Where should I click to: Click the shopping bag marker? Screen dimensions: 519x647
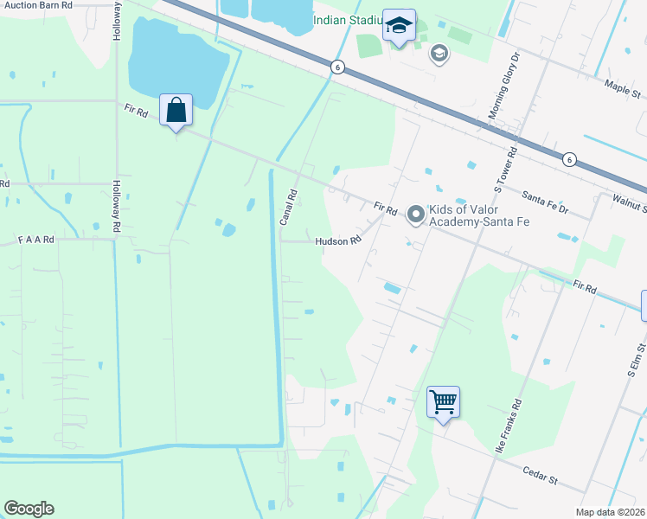[176, 112]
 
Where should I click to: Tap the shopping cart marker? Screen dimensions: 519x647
[443, 402]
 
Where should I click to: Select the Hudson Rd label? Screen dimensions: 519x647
[337, 241]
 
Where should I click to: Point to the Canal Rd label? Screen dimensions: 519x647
[288, 208]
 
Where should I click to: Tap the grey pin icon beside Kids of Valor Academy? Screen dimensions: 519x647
[415, 211]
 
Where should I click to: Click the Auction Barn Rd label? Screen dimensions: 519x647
[36, 4]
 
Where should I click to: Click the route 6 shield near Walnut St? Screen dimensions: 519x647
[568, 159]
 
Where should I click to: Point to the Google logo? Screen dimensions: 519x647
[29, 509]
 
